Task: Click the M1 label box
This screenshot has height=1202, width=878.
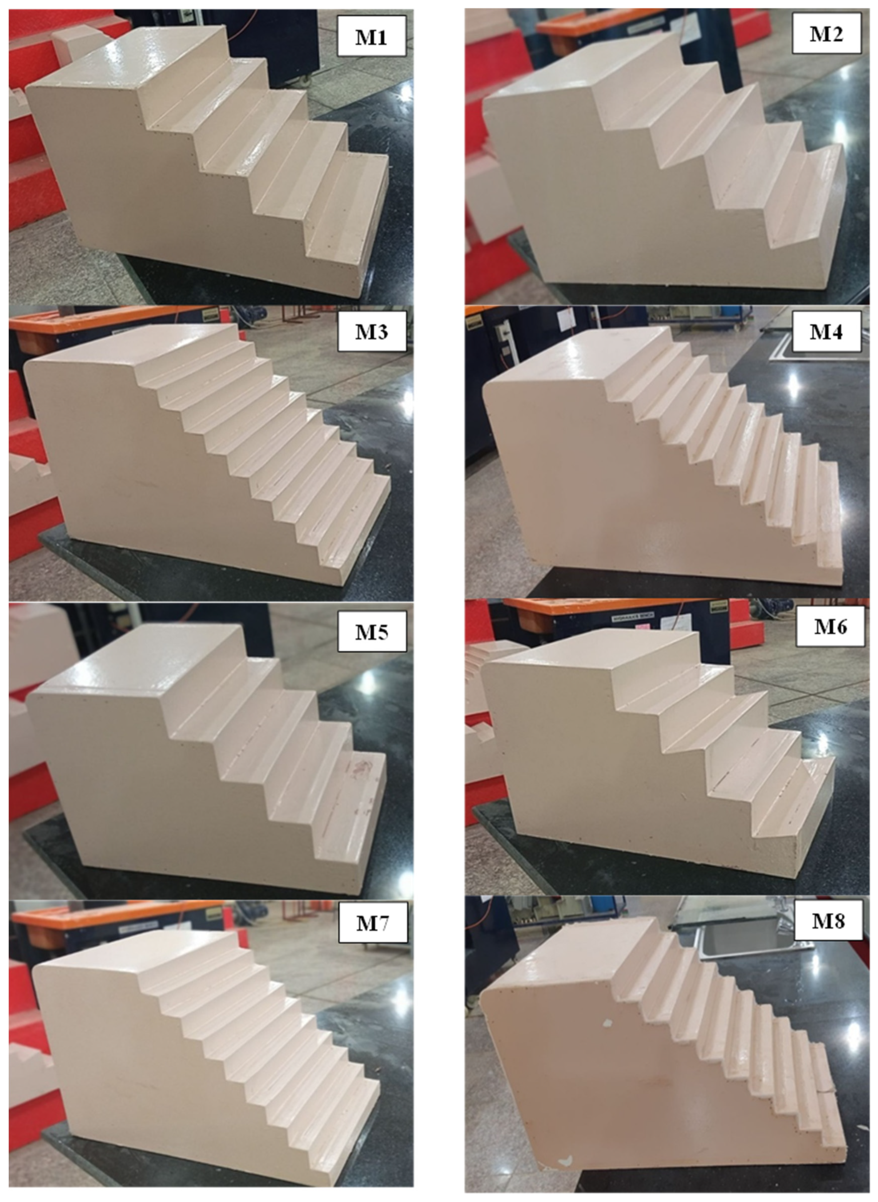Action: pyautogui.click(x=371, y=36)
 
